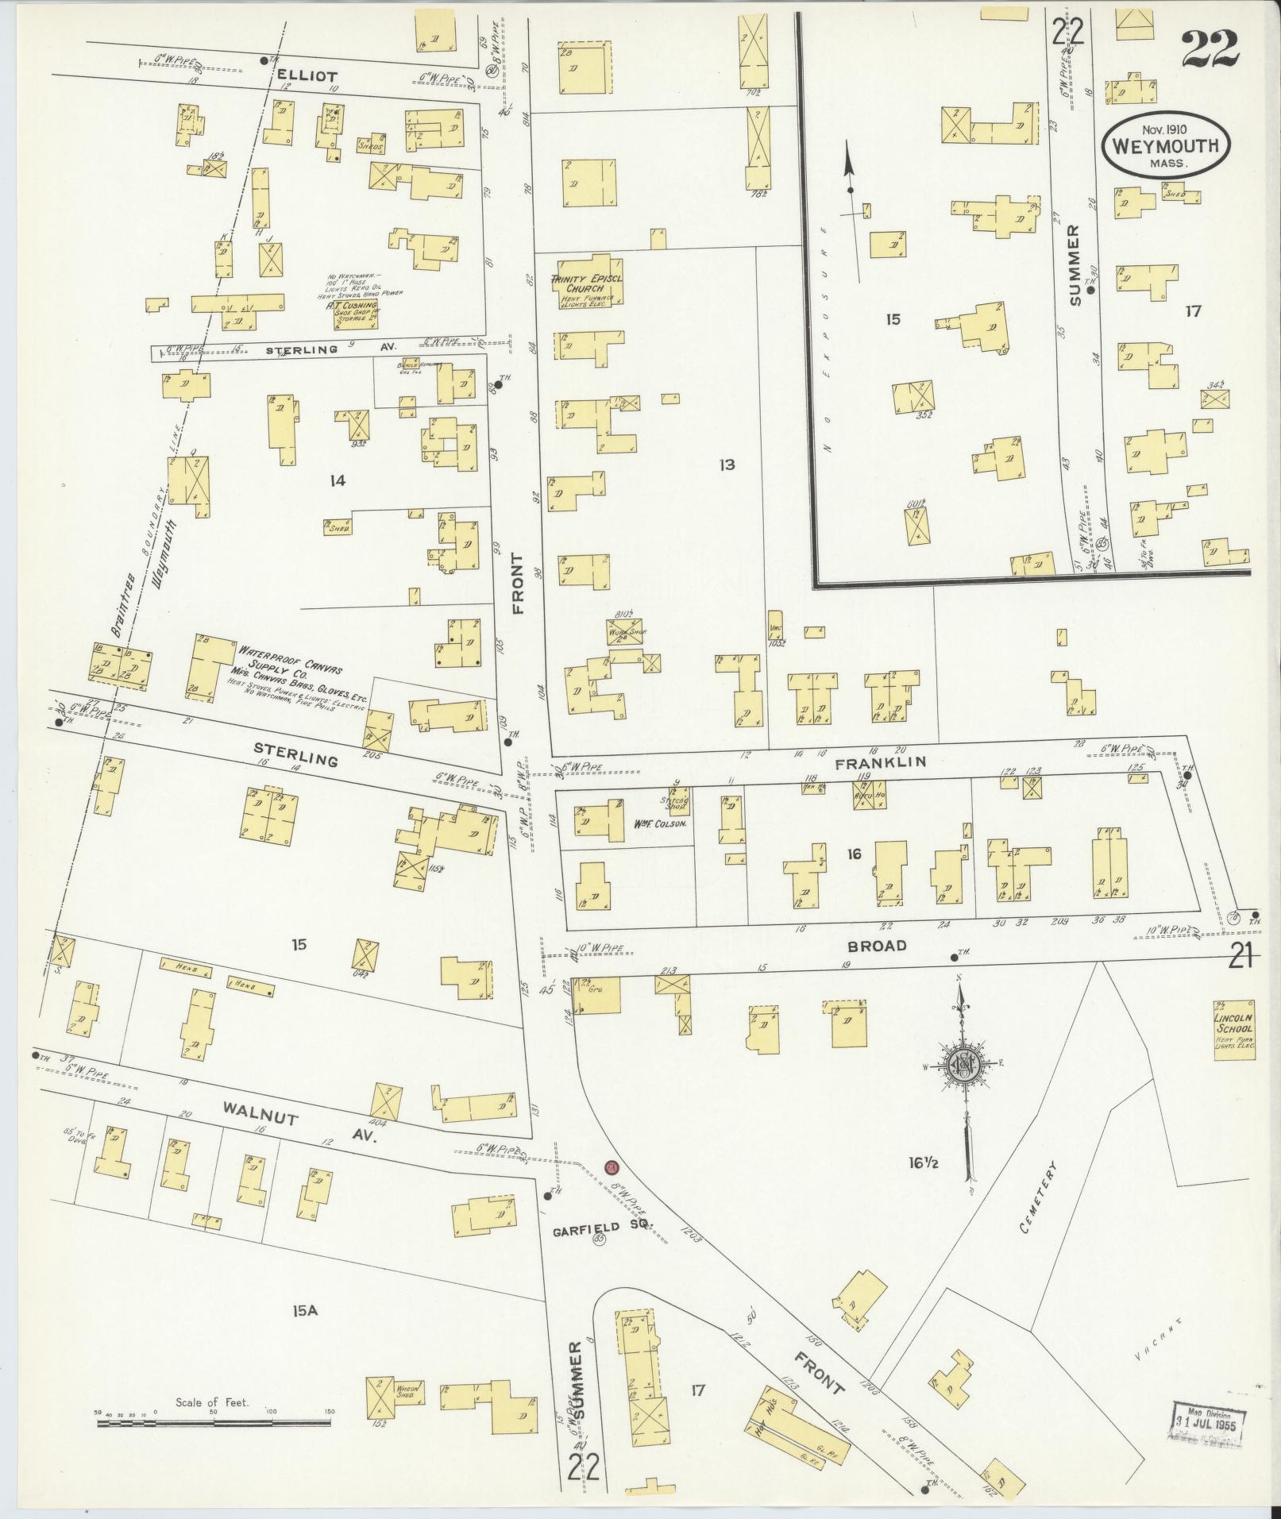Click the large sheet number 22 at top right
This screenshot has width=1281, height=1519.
[1209, 49]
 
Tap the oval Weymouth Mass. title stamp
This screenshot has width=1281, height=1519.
[1166, 146]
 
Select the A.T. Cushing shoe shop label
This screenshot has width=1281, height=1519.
[355, 309]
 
